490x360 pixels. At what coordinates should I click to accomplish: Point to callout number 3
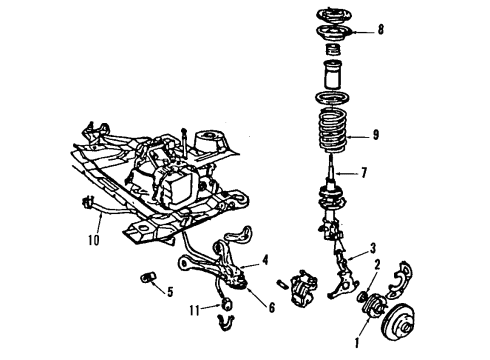click(x=373, y=248)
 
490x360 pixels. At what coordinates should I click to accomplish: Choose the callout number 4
click(x=264, y=261)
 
